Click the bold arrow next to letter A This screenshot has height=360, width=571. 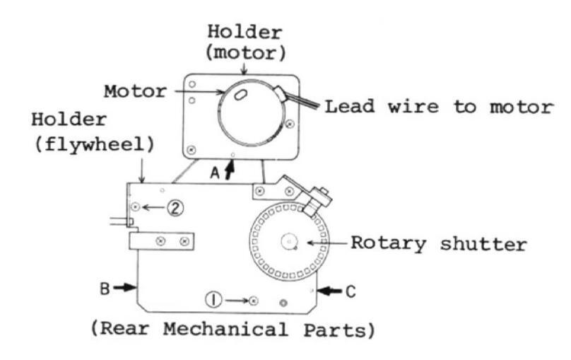[x=227, y=170]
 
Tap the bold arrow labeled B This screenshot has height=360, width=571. [x=124, y=288]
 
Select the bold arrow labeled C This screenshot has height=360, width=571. [x=326, y=290]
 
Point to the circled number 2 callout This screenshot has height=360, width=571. [x=175, y=207]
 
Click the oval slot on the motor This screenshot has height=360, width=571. [x=240, y=95]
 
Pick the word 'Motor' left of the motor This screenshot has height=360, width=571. [x=135, y=92]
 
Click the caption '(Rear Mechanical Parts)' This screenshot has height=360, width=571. [x=232, y=330]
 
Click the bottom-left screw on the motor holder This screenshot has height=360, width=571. [x=191, y=149]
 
